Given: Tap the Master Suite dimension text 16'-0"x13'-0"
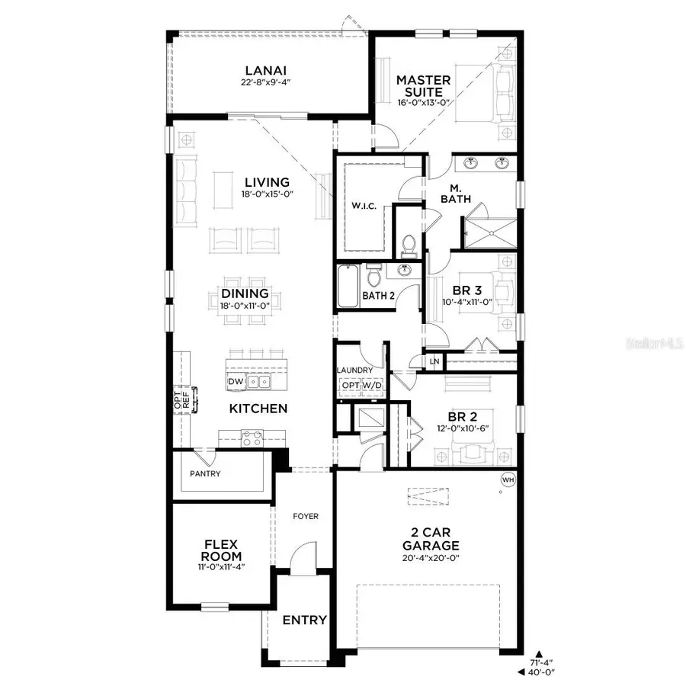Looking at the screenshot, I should click(424, 102).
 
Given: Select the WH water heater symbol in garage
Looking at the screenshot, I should click(508, 479).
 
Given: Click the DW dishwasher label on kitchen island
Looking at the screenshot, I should click(236, 381).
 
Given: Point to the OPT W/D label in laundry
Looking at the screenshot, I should click(361, 386).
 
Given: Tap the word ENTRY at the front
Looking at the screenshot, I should click(305, 620).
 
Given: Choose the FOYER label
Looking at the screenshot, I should click(306, 516).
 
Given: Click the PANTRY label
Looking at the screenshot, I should click(205, 473).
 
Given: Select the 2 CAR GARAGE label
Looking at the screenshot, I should click(431, 540).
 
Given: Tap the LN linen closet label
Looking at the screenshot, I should click(434, 361).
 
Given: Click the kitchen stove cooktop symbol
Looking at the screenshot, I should click(252, 438).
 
